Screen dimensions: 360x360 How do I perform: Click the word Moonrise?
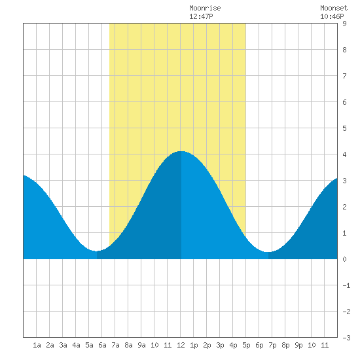[x=205, y=8]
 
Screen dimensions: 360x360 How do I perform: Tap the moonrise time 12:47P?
[x=201, y=16]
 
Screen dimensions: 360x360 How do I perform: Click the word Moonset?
[x=334, y=8]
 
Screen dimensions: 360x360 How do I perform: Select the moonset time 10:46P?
[x=332, y=16]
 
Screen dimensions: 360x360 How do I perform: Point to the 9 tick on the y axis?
[x=344, y=24]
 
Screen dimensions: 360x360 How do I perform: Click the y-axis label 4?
[x=344, y=154]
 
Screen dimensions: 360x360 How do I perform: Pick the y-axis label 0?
[x=344, y=259]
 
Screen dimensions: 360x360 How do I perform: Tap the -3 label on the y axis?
[x=346, y=338]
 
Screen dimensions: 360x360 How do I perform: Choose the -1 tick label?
[x=346, y=285]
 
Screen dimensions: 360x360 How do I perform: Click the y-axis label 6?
[x=344, y=102]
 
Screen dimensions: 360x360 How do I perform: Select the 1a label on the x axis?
[x=37, y=345]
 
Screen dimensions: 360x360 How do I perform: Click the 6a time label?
[x=102, y=345]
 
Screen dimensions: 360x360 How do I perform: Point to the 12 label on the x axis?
[x=181, y=345]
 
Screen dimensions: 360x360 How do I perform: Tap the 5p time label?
[x=246, y=345]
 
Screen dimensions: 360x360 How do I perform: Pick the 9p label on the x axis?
[x=298, y=345]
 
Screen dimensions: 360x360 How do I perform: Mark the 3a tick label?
[x=63, y=345]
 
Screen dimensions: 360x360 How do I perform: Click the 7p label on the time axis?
[x=272, y=345]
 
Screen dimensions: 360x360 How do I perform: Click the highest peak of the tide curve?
[x=181, y=151]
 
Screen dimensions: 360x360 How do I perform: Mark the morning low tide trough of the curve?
[x=97, y=251]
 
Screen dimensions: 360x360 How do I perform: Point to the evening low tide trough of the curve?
[x=268, y=252]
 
